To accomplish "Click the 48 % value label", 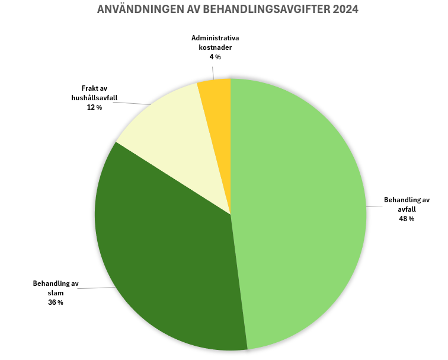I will (407, 219).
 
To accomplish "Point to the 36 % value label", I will (56, 302).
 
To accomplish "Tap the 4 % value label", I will (215, 57).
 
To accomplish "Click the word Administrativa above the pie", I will (215, 38).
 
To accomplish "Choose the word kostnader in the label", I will (215, 47).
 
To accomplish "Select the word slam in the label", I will (56, 293).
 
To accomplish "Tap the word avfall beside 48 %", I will (407, 209).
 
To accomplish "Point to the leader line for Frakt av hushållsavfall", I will (132, 103).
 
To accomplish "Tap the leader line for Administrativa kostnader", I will (213, 71).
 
